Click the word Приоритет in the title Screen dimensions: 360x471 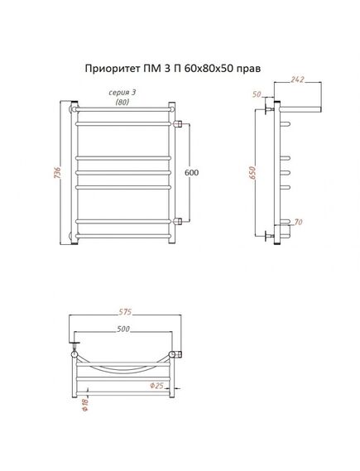click(x=112, y=69)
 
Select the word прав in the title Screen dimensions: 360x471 click(x=249, y=70)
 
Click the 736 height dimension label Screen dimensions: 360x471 click(x=57, y=173)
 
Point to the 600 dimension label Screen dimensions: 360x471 click(x=192, y=173)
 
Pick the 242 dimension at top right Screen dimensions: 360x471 click(x=298, y=79)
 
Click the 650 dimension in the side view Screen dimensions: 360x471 click(x=252, y=173)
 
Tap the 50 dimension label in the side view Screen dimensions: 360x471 click(x=257, y=94)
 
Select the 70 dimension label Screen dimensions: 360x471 click(x=298, y=223)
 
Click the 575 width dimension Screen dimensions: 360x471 click(x=125, y=312)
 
